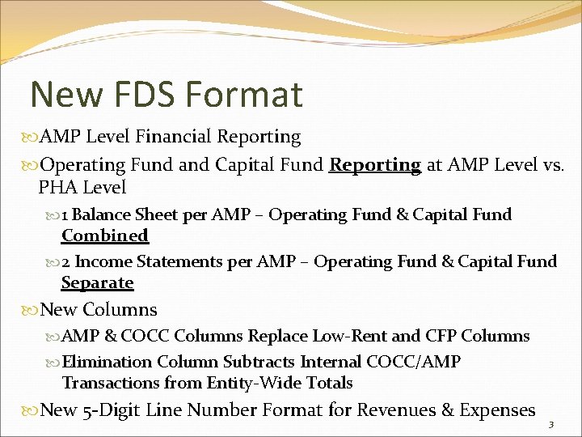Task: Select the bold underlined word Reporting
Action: (375, 165)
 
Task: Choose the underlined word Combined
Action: (105, 235)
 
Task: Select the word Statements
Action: (179, 261)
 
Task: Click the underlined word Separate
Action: (98, 282)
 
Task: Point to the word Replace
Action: (279, 336)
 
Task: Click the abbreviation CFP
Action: (441, 336)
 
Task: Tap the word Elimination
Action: (110, 362)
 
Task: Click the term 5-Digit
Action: (112, 410)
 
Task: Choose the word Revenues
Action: (396, 410)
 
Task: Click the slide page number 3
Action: (550, 425)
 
